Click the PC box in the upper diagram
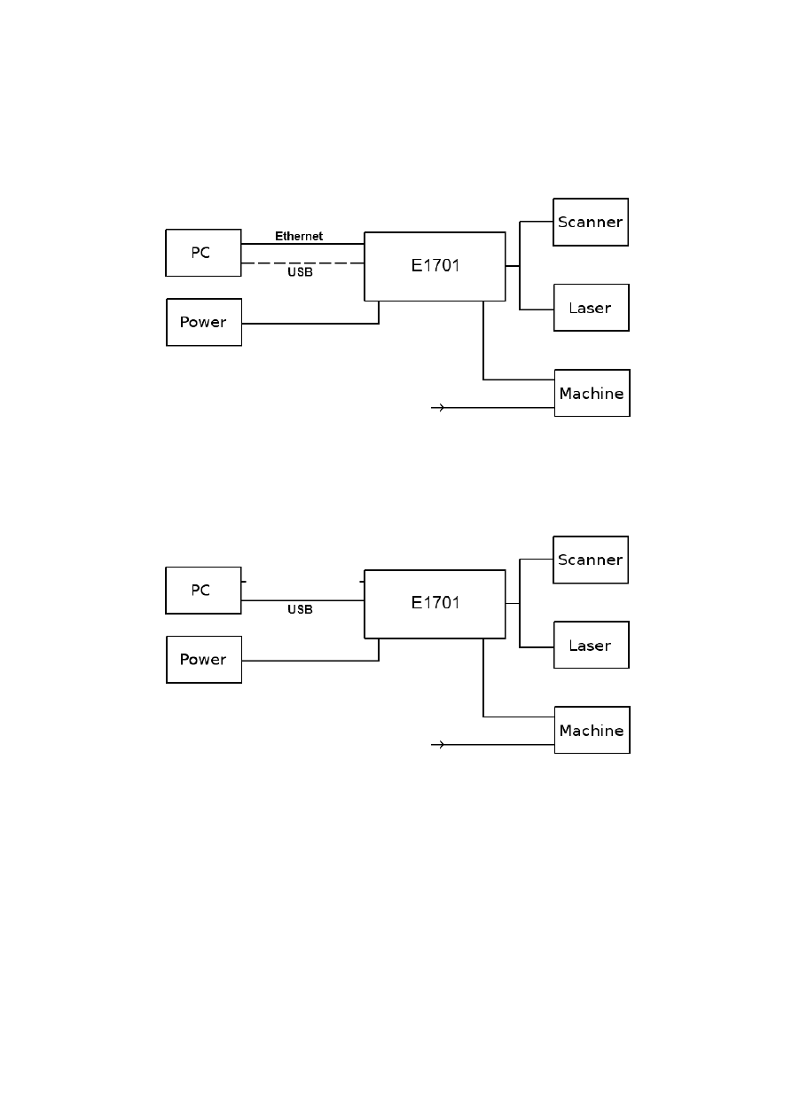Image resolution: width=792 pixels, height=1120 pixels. click(203, 253)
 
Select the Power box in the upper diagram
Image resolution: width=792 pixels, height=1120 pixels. click(204, 322)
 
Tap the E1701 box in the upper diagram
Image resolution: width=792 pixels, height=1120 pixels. click(435, 266)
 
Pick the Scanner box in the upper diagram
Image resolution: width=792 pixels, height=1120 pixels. click(591, 222)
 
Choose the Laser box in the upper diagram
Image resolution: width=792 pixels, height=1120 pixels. click(591, 308)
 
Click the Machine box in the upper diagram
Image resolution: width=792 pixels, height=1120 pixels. click(592, 393)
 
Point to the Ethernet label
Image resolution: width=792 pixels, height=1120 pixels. click(299, 237)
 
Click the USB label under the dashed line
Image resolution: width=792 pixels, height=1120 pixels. click(300, 272)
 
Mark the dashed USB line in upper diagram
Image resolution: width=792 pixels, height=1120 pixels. click(302, 263)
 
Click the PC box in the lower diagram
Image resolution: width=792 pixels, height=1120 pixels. click(203, 590)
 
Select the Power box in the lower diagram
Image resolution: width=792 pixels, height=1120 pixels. click(204, 659)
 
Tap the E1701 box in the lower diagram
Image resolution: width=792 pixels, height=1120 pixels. click(435, 603)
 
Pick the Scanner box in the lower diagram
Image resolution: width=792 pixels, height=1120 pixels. click(591, 560)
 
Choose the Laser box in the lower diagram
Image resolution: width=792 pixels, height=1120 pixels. click(591, 646)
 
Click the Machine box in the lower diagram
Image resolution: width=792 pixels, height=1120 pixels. click(592, 730)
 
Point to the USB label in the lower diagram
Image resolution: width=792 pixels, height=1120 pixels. click(300, 610)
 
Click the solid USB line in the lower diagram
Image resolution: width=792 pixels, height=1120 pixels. click(302, 600)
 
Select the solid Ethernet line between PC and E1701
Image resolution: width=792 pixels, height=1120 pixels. click(302, 244)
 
